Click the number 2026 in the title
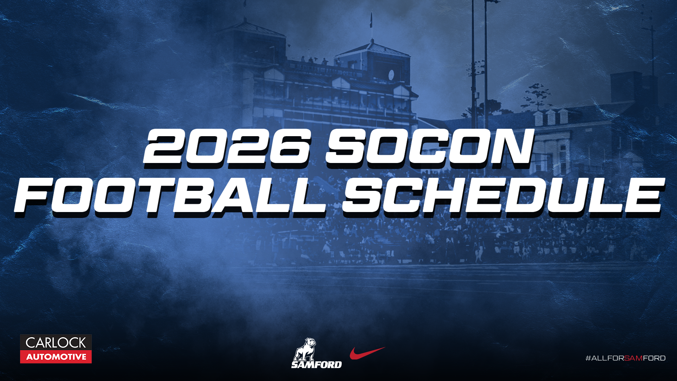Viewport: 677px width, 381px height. (x=227, y=146)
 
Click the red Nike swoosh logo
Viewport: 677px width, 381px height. (x=367, y=352)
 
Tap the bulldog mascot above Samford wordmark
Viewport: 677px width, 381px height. (x=305, y=349)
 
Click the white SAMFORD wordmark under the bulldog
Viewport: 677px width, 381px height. (x=316, y=364)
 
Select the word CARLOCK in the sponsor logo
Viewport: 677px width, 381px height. (x=56, y=343)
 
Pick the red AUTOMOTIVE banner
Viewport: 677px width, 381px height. (x=56, y=357)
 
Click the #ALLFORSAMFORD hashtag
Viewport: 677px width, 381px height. (x=625, y=358)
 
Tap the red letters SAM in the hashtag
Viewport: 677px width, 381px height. (x=633, y=358)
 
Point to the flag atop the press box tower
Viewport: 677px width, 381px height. (x=371, y=19)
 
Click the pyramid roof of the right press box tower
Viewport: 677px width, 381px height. (x=372, y=49)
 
